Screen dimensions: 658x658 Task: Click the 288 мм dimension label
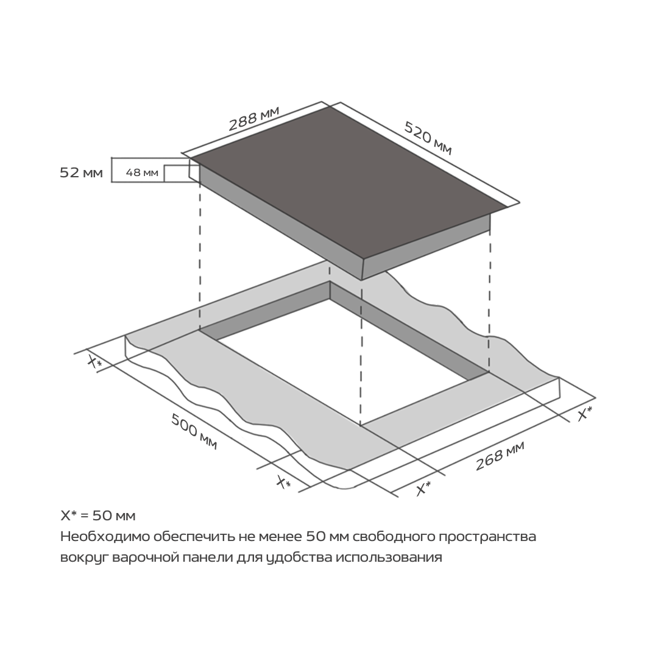(x=253, y=118)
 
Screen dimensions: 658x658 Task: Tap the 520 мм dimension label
(x=428, y=138)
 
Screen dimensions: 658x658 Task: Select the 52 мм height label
(x=81, y=172)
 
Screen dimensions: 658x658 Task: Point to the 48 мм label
(x=142, y=172)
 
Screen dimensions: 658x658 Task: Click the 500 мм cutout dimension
(x=194, y=431)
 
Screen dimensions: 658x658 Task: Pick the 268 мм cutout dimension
(x=500, y=456)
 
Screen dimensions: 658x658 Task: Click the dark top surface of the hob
(x=348, y=180)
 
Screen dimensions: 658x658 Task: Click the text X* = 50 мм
(x=97, y=515)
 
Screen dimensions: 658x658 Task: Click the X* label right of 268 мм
(x=585, y=413)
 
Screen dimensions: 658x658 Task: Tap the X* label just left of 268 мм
(x=423, y=488)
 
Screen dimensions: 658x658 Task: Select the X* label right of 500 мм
(x=284, y=482)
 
